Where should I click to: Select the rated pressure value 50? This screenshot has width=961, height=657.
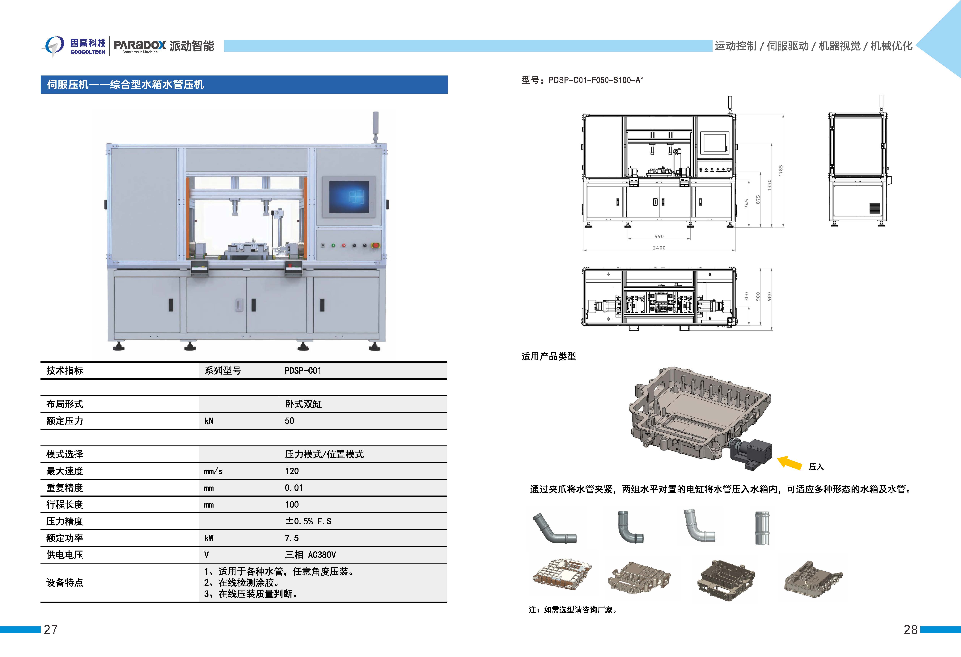pyautogui.click(x=290, y=421)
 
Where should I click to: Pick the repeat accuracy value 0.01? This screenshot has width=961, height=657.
pyautogui.click(x=294, y=488)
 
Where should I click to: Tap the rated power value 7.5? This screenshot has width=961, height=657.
pyautogui.click(x=291, y=538)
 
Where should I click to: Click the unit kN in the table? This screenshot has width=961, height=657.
pyautogui.click(x=209, y=421)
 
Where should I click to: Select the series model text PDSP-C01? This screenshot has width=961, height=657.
pyautogui.click(x=303, y=371)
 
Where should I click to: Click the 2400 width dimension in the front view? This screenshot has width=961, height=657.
pyautogui.click(x=659, y=248)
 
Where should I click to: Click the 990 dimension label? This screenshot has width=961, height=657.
pyautogui.click(x=659, y=236)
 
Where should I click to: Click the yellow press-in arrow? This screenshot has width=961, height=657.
pyautogui.click(x=790, y=462)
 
